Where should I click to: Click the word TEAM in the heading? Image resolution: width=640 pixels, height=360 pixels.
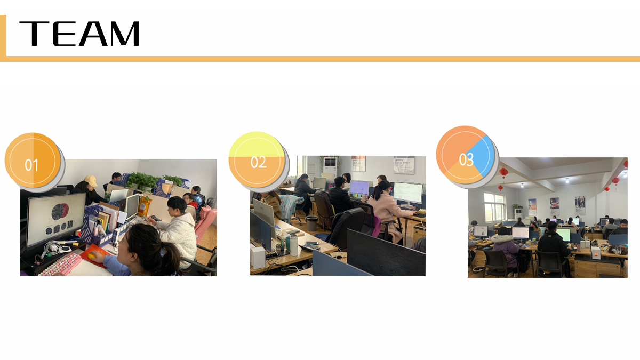coord(79,34)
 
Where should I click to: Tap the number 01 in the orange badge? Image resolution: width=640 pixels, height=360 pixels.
coord(31,165)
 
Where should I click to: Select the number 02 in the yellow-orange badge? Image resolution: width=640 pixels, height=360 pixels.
coord(259,162)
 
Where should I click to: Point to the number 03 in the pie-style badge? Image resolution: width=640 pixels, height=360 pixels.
coord(466,159)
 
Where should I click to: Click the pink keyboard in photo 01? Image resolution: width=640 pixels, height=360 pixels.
coord(61,265)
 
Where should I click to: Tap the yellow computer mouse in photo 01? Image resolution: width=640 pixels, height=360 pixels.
coord(92,255)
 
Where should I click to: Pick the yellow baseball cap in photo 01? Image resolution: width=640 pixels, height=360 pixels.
coord(91,181)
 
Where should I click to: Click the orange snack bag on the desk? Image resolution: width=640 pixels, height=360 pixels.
coord(145,206)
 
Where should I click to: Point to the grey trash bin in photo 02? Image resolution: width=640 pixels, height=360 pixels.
coord(311,223)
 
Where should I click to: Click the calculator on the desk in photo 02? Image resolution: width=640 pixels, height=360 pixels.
coord(309,247)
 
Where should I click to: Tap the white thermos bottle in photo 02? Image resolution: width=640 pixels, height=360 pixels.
coord(294,245)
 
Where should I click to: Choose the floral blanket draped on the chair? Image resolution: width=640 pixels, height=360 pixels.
coord(290,205)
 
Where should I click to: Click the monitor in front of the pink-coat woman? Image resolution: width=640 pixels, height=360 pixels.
coord(407,193)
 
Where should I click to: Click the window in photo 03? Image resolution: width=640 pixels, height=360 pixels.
coord(495,207)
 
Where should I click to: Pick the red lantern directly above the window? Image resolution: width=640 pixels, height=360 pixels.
coord(500,188)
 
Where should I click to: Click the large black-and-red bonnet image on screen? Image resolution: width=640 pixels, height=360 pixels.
coord(60,211)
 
